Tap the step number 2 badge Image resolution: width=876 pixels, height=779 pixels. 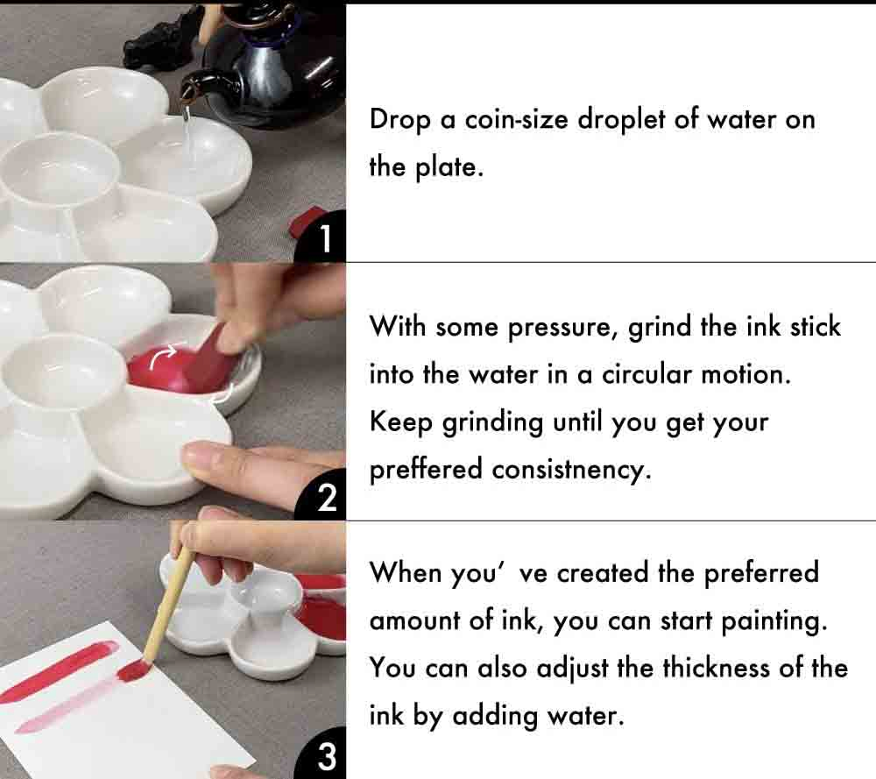point(326,498)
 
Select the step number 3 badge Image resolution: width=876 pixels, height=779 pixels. point(326,756)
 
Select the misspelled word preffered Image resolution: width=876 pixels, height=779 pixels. point(427,470)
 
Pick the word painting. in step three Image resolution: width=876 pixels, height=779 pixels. point(774,621)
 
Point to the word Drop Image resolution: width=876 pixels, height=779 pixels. point(400,119)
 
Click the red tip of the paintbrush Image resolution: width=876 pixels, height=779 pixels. point(134,671)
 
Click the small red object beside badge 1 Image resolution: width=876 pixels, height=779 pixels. point(307,219)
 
